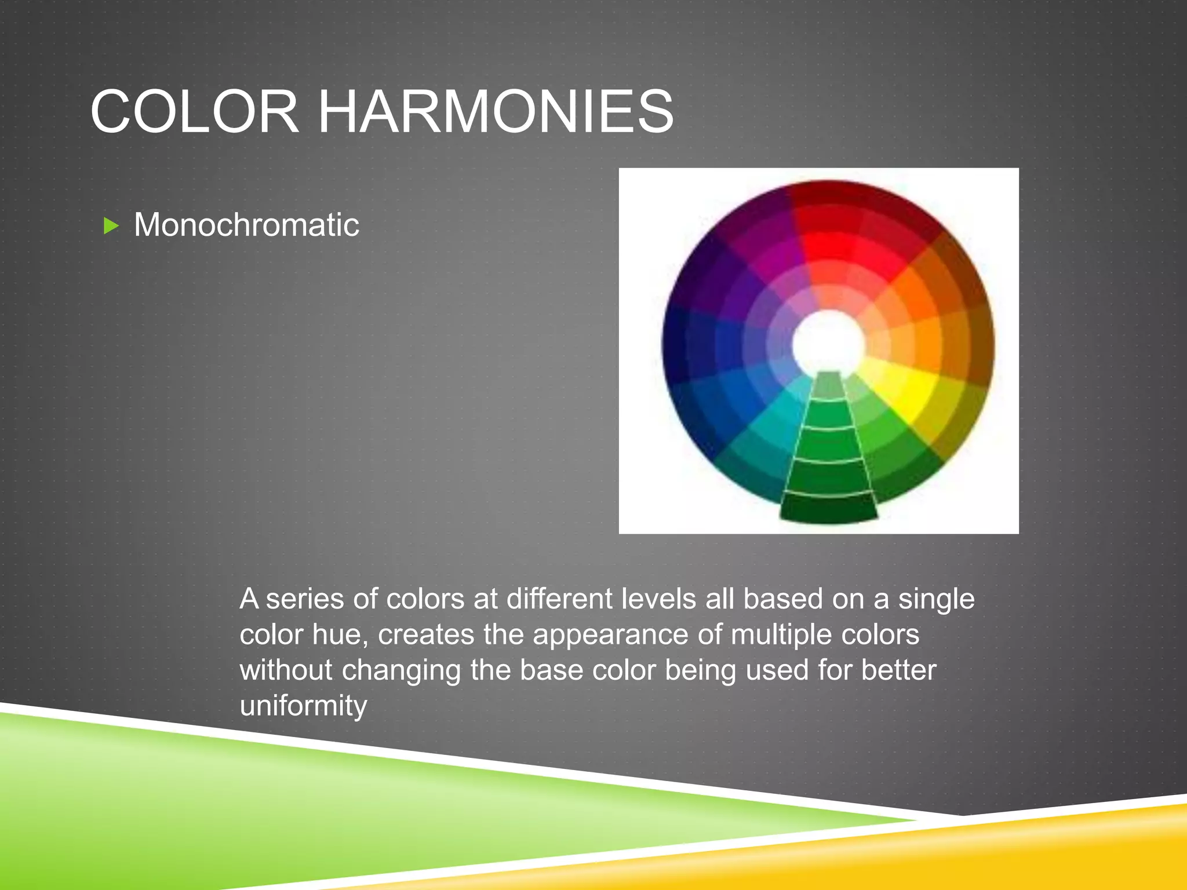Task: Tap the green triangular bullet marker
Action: click(x=111, y=225)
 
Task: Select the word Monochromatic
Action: click(x=246, y=225)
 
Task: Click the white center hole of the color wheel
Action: click(x=828, y=343)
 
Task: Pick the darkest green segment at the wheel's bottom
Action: click(x=828, y=509)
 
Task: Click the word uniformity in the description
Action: click(x=303, y=706)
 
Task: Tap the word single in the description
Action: click(x=936, y=599)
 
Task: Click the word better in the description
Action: click(x=898, y=670)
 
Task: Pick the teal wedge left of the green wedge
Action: click(x=765, y=440)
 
